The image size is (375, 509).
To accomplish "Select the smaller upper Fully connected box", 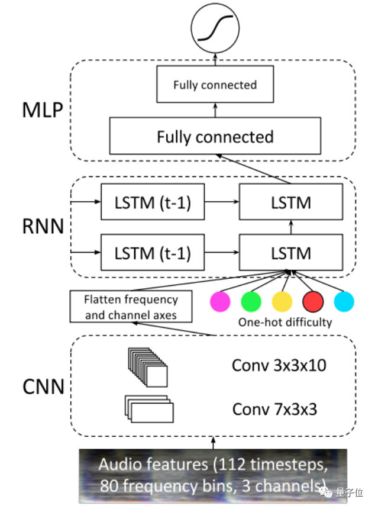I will pyautogui.click(x=215, y=85).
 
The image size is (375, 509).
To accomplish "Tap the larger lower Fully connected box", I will pyautogui.click(x=215, y=136).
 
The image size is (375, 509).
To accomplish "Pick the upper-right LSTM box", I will pyautogui.click(x=290, y=202).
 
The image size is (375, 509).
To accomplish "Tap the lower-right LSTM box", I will pyautogui.click(x=290, y=253).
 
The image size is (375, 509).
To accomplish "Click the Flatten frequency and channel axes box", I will pyautogui.click(x=131, y=307).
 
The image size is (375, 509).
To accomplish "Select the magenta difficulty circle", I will pyautogui.click(x=221, y=301).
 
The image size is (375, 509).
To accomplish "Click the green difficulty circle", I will pyautogui.click(x=251, y=301).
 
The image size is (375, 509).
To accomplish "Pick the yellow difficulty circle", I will pyautogui.click(x=282, y=301).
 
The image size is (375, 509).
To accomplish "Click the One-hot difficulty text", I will pyautogui.click(x=285, y=323).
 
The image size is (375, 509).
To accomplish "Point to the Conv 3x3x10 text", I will pyautogui.click(x=279, y=365).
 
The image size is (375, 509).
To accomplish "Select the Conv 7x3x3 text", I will pyautogui.click(x=273, y=408).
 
